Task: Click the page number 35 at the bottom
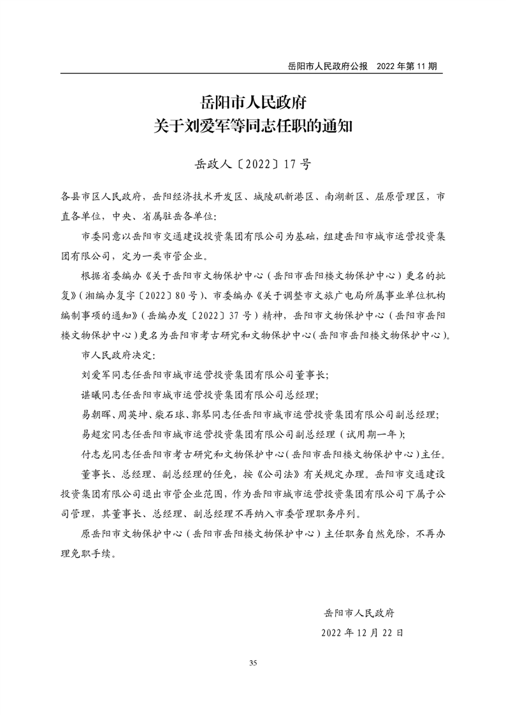253,663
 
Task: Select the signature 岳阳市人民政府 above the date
359,613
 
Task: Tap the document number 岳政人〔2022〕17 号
252,164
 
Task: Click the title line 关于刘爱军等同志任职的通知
253,126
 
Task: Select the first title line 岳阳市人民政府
253,101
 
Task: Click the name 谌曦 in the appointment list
92,394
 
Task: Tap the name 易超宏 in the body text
98,434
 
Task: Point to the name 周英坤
133,414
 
